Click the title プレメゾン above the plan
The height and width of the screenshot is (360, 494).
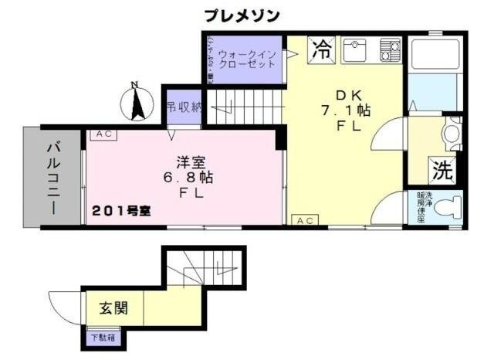click(242, 15)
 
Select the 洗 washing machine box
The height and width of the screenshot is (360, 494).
click(443, 168)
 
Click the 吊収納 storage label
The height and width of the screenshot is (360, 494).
click(183, 107)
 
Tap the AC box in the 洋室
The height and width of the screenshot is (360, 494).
click(103, 134)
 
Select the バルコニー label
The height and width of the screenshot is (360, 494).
click(54, 177)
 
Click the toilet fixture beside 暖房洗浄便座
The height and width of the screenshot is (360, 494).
click(451, 205)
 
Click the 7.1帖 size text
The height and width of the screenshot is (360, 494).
click(347, 110)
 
